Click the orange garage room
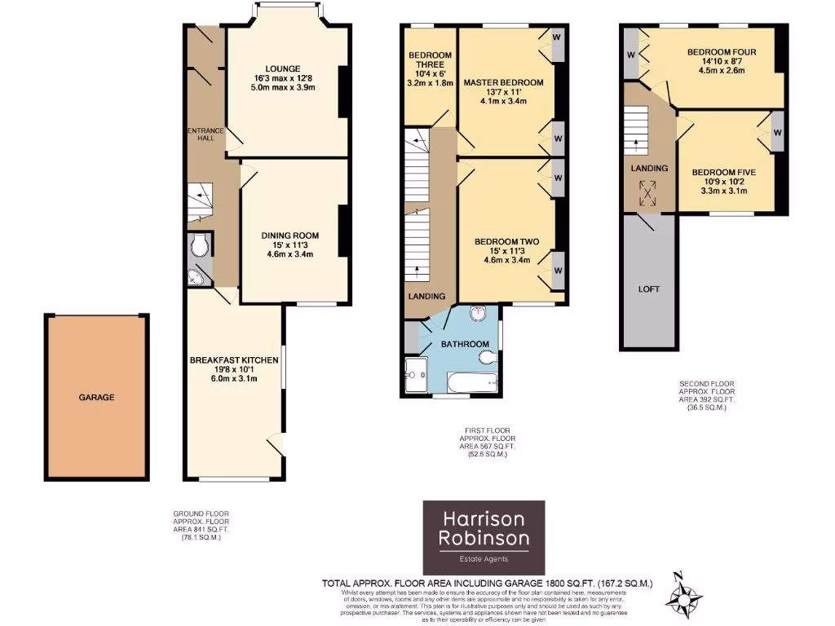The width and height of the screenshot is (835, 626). [x=97, y=397]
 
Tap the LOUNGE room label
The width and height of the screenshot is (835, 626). [x=282, y=68]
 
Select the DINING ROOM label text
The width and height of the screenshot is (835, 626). [x=289, y=236]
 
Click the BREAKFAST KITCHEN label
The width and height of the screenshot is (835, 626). [x=234, y=359]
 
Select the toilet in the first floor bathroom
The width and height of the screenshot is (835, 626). [x=487, y=356]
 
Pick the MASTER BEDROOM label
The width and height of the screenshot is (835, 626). [x=503, y=82]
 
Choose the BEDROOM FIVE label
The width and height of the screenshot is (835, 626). [x=723, y=172]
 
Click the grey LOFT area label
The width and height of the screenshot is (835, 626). [x=649, y=289]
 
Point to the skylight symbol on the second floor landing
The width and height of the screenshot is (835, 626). [x=649, y=194]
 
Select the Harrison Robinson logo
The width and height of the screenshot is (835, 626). [x=484, y=536]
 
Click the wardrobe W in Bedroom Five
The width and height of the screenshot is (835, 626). [x=776, y=132]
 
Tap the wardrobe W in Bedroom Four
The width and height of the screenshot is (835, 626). [x=630, y=55]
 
